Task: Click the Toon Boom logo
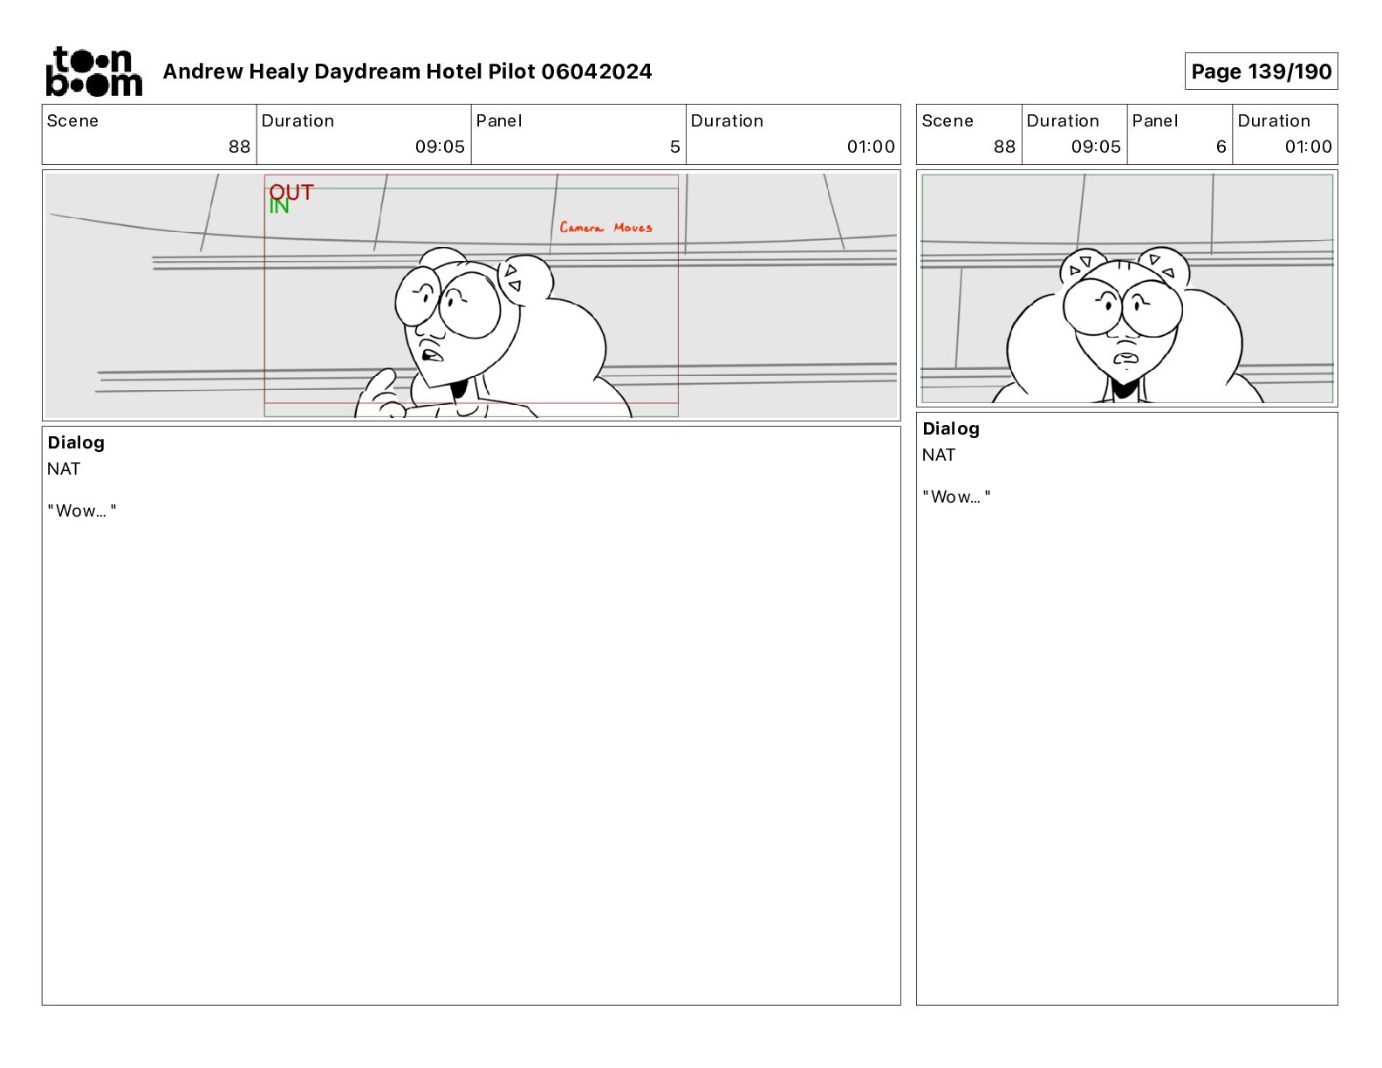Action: pyautogui.click(x=94, y=72)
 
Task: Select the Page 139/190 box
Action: pyautogui.click(x=1261, y=72)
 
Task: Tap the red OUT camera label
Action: pyautogui.click(x=291, y=191)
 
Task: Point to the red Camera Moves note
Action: pyautogui.click(x=605, y=227)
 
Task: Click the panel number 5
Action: pyautogui.click(x=674, y=147)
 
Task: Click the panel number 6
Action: pyautogui.click(x=1221, y=147)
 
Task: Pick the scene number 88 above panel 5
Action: pyautogui.click(x=239, y=147)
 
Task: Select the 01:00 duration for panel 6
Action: pyautogui.click(x=1308, y=147)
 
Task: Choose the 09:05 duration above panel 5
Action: pyautogui.click(x=440, y=147)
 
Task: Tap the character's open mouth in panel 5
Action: pyautogui.click(x=432, y=353)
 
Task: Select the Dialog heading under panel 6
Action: pyautogui.click(x=950, y=428)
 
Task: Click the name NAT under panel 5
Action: pyautogui.click(x=64, y=469)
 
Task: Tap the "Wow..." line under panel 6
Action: pyautogui.click(x=956, y=496)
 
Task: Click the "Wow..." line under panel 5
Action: pyautogui.click(x=81, y=510)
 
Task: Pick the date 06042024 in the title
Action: pyautogui.click(x=596, y=72)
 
